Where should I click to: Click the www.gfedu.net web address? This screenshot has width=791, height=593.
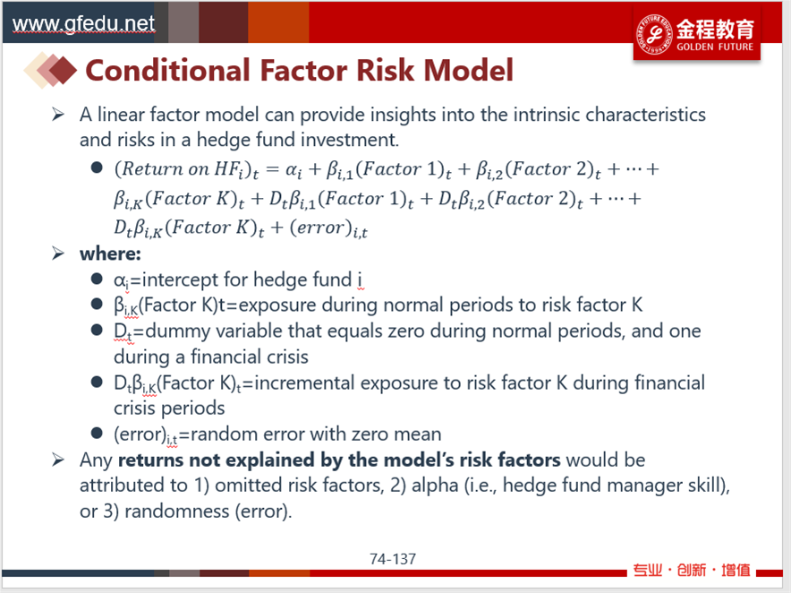click(x=83, y=24)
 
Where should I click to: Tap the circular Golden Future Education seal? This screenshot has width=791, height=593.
click(x=654, y=34)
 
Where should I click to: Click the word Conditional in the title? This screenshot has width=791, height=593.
click(x=167, y=70)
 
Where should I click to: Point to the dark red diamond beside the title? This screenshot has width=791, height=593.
click(x=63, y=71)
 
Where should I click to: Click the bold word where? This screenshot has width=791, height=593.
click(x=110, y=254)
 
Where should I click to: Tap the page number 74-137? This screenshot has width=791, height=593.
click(x=393, y=559)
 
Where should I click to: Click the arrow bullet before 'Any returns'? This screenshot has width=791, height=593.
click(x=58, y=460)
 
